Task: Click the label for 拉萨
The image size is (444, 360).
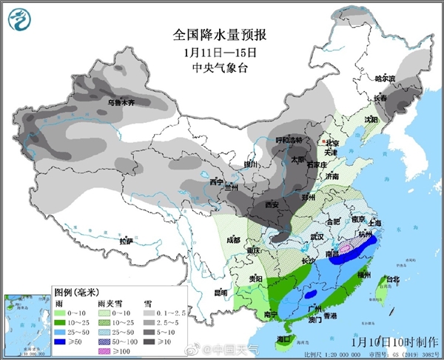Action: point(125,241)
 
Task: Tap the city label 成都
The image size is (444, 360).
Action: point(234,239)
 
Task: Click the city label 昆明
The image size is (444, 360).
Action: point(221,293)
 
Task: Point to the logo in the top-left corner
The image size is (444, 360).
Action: point(20,19)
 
